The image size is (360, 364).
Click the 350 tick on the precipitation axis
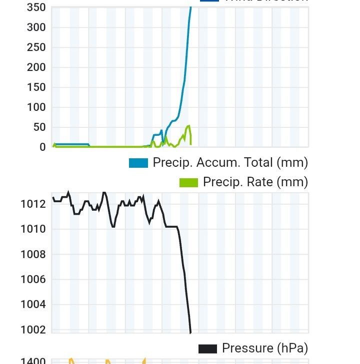tap(36, 7)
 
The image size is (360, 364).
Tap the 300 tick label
tap(36, 27)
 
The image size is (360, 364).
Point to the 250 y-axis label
tap(36, 47)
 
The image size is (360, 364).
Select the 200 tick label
tap(36, 67)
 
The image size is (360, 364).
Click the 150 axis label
tap(36, 87)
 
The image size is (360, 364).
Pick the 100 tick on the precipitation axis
tap(36, 107)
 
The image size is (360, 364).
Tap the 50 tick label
tap(39, 127)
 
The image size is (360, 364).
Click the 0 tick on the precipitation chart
tap(42, 147)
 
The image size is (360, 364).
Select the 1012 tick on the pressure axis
tap(33, 204)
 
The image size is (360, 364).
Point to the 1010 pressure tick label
tap(33, 229)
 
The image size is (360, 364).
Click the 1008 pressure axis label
tap(33, 254)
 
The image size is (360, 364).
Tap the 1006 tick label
tap(33, 279)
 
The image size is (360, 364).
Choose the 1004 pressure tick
tap(33, 304)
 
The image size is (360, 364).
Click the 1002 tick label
tap(33, 329)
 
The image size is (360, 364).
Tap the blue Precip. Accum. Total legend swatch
tap(138, 163)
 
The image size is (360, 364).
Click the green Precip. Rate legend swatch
tap(188, 183)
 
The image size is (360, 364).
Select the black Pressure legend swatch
tap(207, 349)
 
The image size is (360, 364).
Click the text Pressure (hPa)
tap(265, 348)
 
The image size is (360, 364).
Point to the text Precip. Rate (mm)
tap(255, 182)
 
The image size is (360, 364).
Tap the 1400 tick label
tap(33, 361)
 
